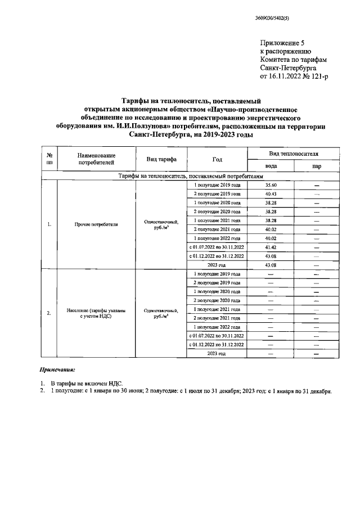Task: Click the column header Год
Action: pyautogui.click(x=217, y=159)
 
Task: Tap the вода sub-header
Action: pyautogui.click(x=271, y=166)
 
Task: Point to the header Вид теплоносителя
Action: pyautogui.click(x=293, y=153)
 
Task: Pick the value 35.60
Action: pyautogui.click(x=271, y=185)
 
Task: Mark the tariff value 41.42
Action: pyautogui.click(x=271, y=247)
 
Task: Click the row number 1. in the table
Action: pyautogui.click(x=49, y=224)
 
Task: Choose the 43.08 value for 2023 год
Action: pyautogui.click(x=271, y=264)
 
